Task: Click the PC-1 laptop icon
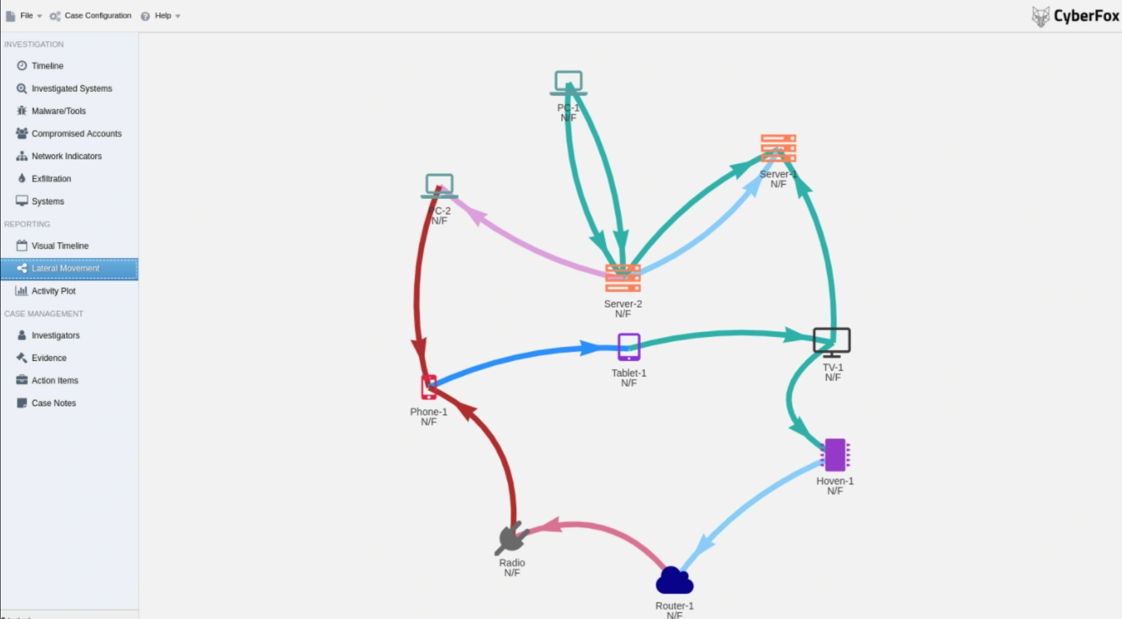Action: click(568, 82)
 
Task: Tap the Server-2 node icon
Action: click(623, 278)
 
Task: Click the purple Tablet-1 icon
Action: click(629, 347)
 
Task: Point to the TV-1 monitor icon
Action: click(831, 342)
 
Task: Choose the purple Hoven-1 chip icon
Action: click(835, 455)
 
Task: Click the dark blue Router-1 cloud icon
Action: click(674, 581)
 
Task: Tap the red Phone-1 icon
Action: click(429, 387)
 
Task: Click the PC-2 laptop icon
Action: click(439, 186)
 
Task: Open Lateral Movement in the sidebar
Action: click(65, 269)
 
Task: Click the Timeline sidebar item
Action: click(47, 66)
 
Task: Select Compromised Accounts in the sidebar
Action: click(76, 133)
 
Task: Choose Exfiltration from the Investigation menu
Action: click(51, 179)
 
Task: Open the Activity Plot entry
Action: click(53, 291)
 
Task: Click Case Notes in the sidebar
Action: click(53, 403)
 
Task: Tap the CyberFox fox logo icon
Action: click(1040, 16)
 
